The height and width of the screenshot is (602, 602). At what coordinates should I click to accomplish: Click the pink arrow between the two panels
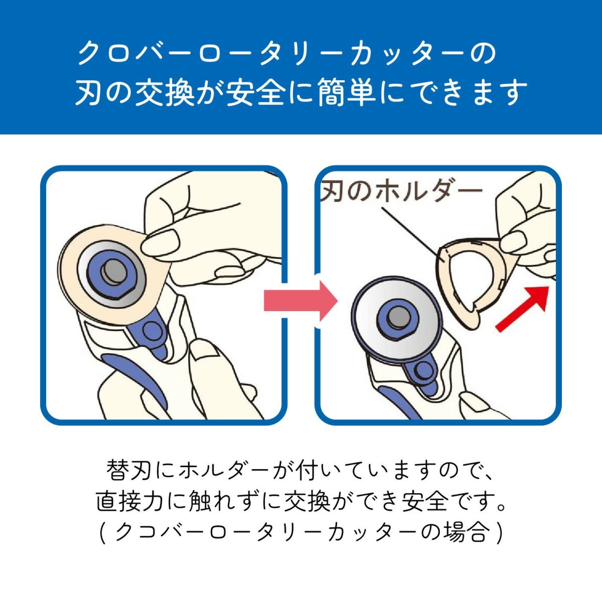point(301,300)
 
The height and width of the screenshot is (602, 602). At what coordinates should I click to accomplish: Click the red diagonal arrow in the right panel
point(523,309)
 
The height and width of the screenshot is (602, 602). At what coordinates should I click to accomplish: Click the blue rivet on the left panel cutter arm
point(149,329)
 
